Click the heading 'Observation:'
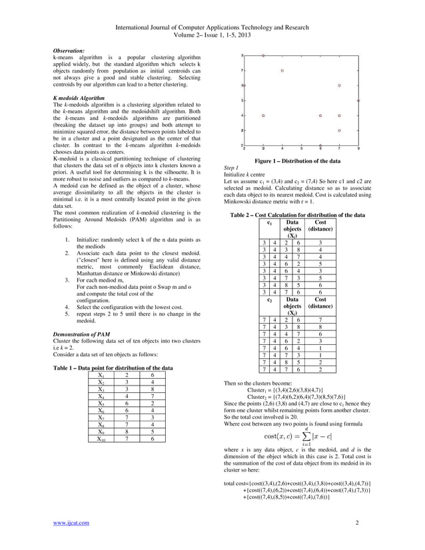coord(69,51)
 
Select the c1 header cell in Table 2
coord(269,223)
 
